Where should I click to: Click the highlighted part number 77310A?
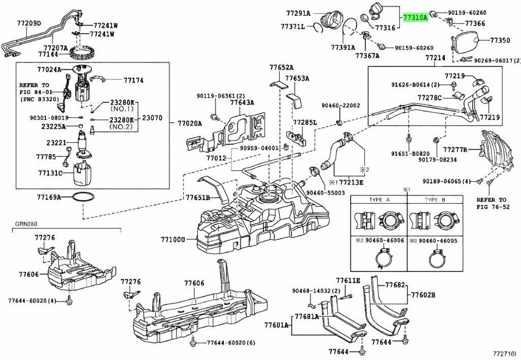click(x=415, y=18)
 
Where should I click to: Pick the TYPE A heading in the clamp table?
click(x=379, y=200)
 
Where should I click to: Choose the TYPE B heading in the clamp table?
click(x=435, y=200)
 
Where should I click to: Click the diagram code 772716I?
click(x=504, y=353)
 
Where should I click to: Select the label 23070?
click(x=152, y=118)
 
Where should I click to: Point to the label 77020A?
click(x=190, y=123)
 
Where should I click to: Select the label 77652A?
click(x=281, y=67)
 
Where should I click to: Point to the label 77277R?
click(x=455, y=150)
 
